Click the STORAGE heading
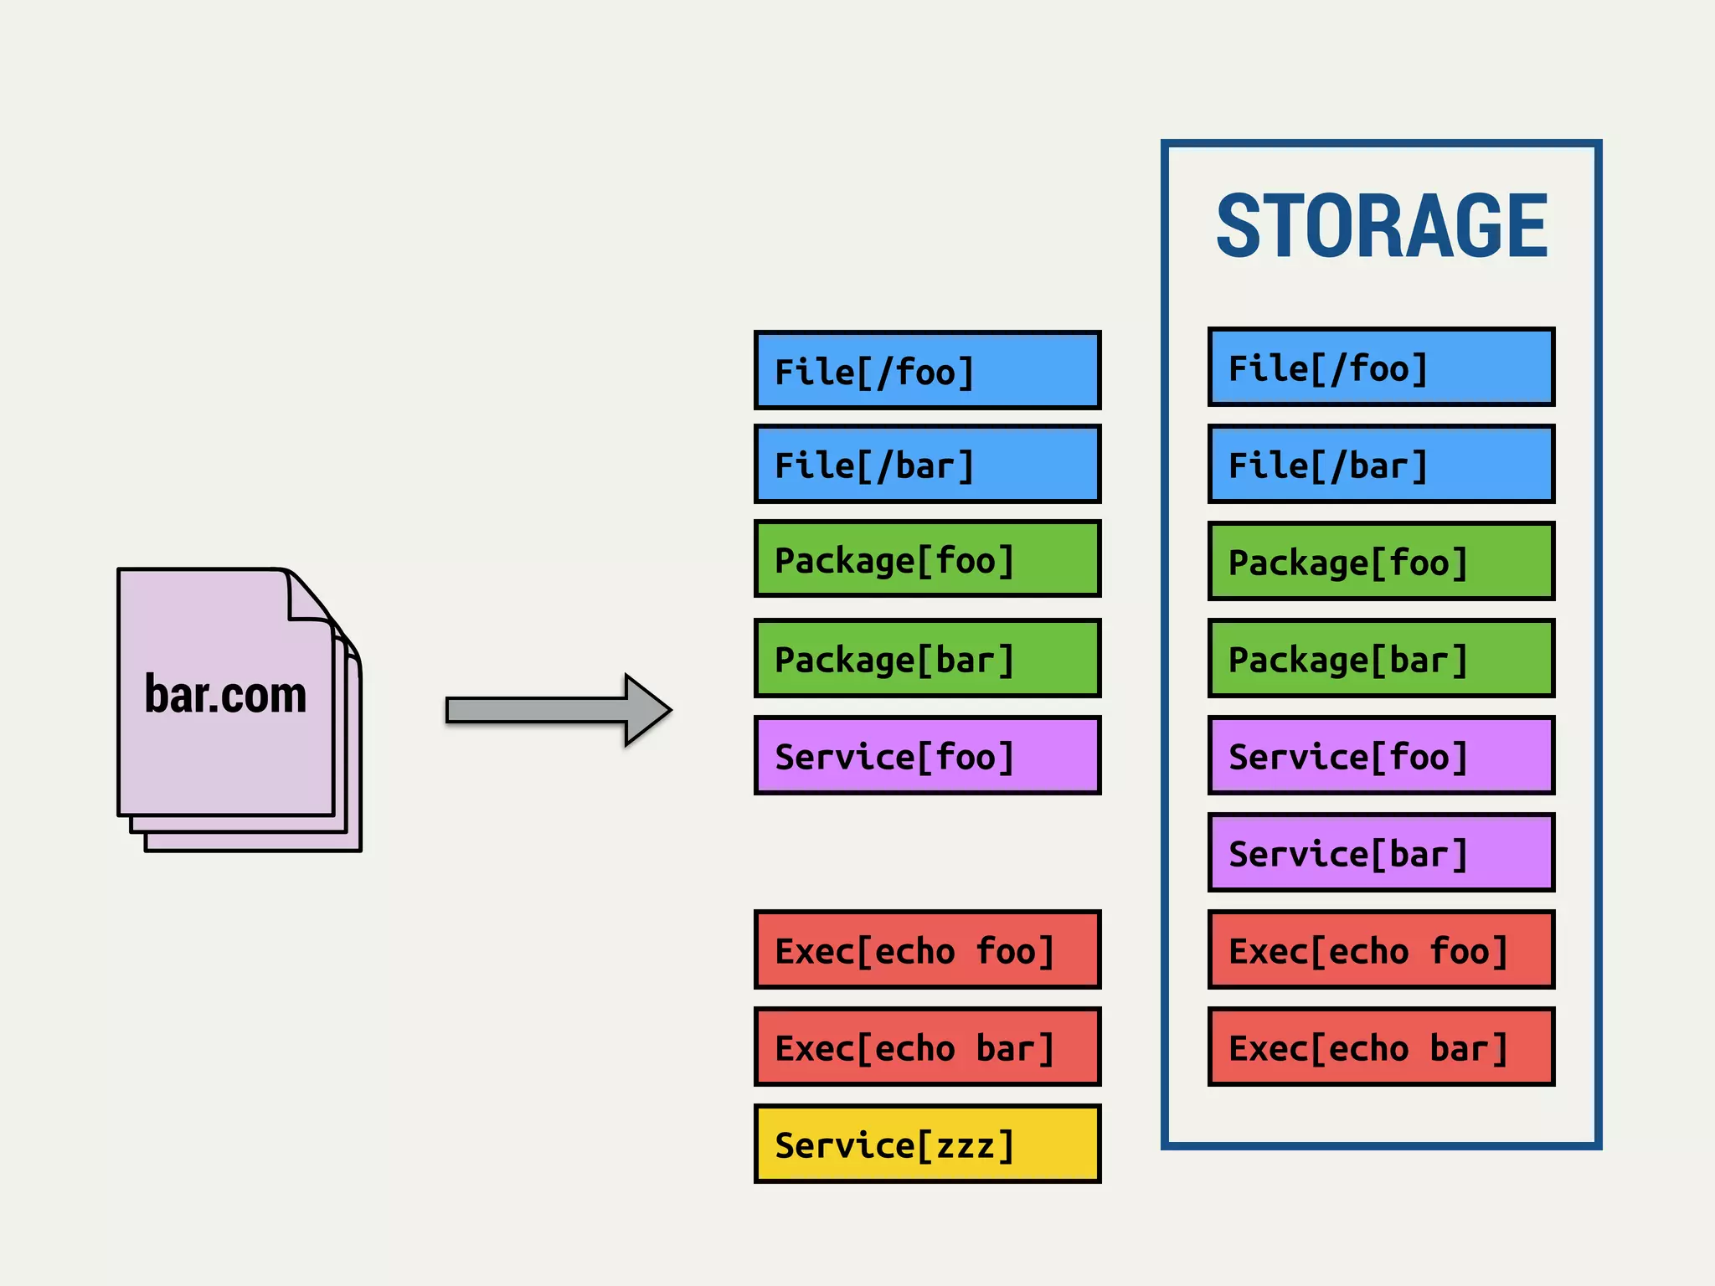coord(1382,226)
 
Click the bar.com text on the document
coord(225,694)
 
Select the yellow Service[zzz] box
coord(927,1144)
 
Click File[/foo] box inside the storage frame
coord(1381,368)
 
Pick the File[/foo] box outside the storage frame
coord(927,370)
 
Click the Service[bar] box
coord(1381,852)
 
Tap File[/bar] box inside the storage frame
coord(1381,464)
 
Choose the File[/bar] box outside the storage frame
coord(927,464)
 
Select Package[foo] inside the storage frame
coord(1381,561)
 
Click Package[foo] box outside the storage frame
coord(927,558)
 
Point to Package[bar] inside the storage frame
coord(1381,658)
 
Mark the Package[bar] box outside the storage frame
coord(927,658)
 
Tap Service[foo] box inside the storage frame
coord(1381,755)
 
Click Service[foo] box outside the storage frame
coord(927,755)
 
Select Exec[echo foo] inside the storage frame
coord(1381,949)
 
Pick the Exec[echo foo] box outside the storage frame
coord(927,949)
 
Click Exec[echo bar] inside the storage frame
coord(1381,1047)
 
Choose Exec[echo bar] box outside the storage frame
coord(927,1047)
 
